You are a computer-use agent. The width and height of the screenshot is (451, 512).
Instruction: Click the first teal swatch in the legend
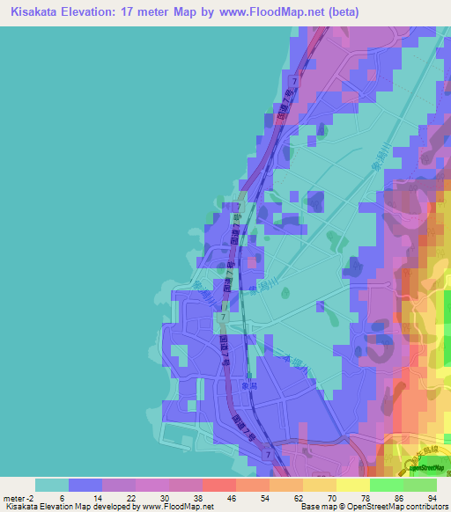point(52,484)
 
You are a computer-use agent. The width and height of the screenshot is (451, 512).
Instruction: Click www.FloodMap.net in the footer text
point(176,506)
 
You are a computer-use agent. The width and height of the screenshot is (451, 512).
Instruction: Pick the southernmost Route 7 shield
point(267,455)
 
